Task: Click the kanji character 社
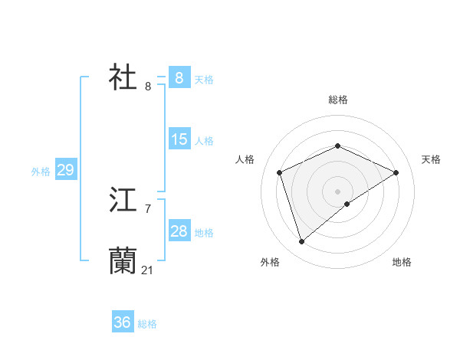tap(123, 77)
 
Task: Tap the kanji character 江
tap(123, 201)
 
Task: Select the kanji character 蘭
tap(123, 261)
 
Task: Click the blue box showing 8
tap(179, 78)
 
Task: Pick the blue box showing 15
tap(179, 139)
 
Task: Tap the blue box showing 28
tap(179, 231)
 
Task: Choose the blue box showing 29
tap(65, 170)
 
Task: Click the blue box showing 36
tap(122, 322)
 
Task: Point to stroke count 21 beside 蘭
tap(148, 270)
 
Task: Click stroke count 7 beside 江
tap(148, 208)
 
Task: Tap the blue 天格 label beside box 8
tap(204, 80)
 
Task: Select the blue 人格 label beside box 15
tap(204, 141)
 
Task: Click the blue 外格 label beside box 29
tap(41, 172)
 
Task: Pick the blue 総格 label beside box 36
tap(147, 324)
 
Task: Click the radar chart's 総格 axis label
tap(337, 100)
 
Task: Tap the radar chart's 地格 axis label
tap(402, 263)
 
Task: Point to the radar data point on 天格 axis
tap(396, 172)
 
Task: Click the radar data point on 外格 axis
tap(302, 242)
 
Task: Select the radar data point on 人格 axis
tap(280, 172)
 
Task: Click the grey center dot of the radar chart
tap(337, 191)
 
